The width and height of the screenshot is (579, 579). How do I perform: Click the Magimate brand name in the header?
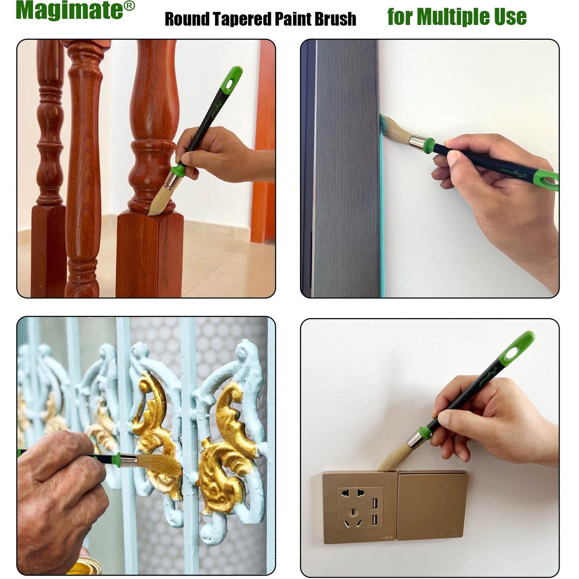pos(69,11)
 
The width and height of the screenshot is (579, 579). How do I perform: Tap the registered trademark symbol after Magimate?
pos(130,6)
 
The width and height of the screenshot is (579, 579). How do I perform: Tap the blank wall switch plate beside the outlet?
pos(432,506)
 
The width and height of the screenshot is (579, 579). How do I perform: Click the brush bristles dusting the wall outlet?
pos(392,459)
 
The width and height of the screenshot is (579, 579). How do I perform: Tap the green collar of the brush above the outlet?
pos(425,433)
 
